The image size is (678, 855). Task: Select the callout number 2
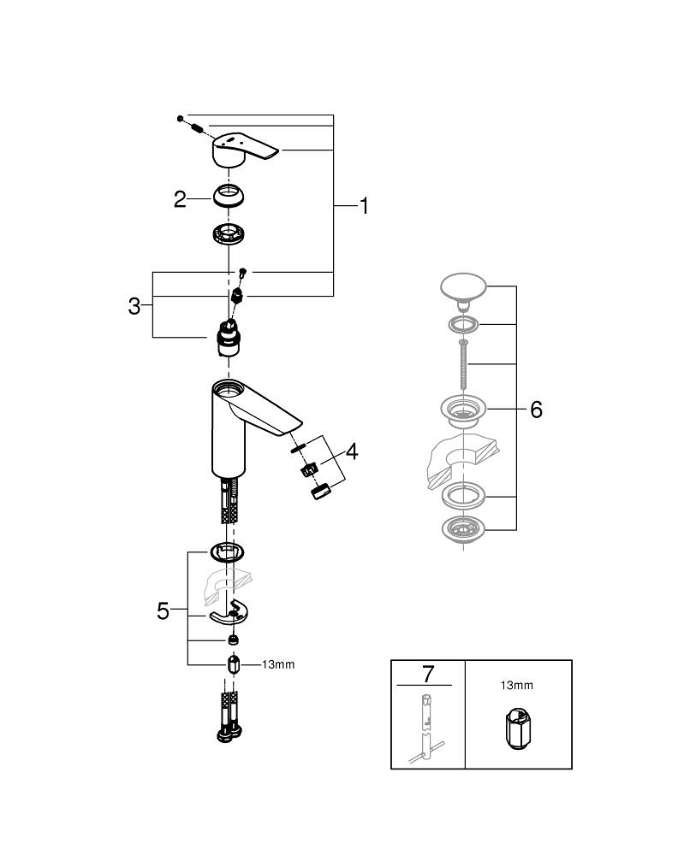pyautogui.click(x=180, y=199)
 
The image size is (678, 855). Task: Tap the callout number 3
pyautogui.click(x=134, y=306)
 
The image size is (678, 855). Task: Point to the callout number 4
pyautogui.click(x=351, y=451)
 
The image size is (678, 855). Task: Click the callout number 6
pyautogui.click(x=536, y=410)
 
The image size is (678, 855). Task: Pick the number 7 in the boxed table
pyautogui.click(x=427, y=673)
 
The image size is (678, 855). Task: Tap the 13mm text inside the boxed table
pyautogui.click(x=516, y=685)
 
